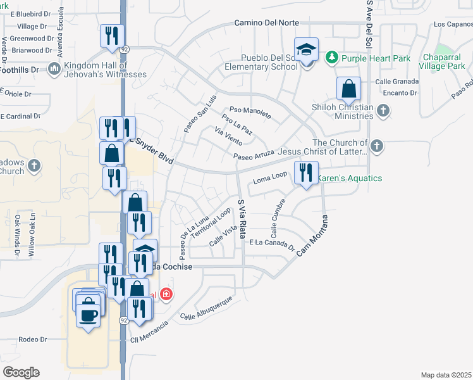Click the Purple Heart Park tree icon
click(331, 59)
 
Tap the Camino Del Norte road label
click(266, 23)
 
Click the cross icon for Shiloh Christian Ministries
click(382, 111)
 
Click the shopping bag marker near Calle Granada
click(348, 89)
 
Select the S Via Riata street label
click(242, 222)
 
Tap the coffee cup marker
click(89, 313)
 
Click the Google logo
click(21, 372)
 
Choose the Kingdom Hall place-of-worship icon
click(54, 68)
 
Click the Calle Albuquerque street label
click(206, 308)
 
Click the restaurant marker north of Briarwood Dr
click(111, 35)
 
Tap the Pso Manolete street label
click(250, 112)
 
